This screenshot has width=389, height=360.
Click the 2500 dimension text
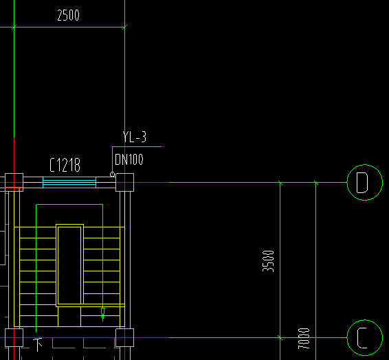pos(68,15)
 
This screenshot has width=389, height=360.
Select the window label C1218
pos(65,165)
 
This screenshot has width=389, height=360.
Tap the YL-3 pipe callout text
pos(135,137)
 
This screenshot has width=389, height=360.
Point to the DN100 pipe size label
pos(129,159)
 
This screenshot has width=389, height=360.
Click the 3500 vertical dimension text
pos(268,261)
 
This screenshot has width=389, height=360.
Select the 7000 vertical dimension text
pos(304,339)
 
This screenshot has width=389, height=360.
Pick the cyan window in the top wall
pos(69,182)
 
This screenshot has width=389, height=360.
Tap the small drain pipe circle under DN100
pos(113,175)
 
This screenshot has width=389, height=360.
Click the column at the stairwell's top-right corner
pos(125,182)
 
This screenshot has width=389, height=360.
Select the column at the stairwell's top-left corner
pos(14,182)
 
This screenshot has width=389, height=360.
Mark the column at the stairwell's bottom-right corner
pos(125,338)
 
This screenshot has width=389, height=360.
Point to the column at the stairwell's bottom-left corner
pos(14,338)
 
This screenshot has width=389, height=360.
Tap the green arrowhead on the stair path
pos(102,315)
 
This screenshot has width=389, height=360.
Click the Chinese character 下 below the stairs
pos(38,345)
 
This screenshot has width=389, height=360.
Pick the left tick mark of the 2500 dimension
pos(14,27)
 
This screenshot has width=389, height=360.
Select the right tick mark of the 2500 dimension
pos(125,27)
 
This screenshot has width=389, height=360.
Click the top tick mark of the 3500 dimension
pos(280,183)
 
